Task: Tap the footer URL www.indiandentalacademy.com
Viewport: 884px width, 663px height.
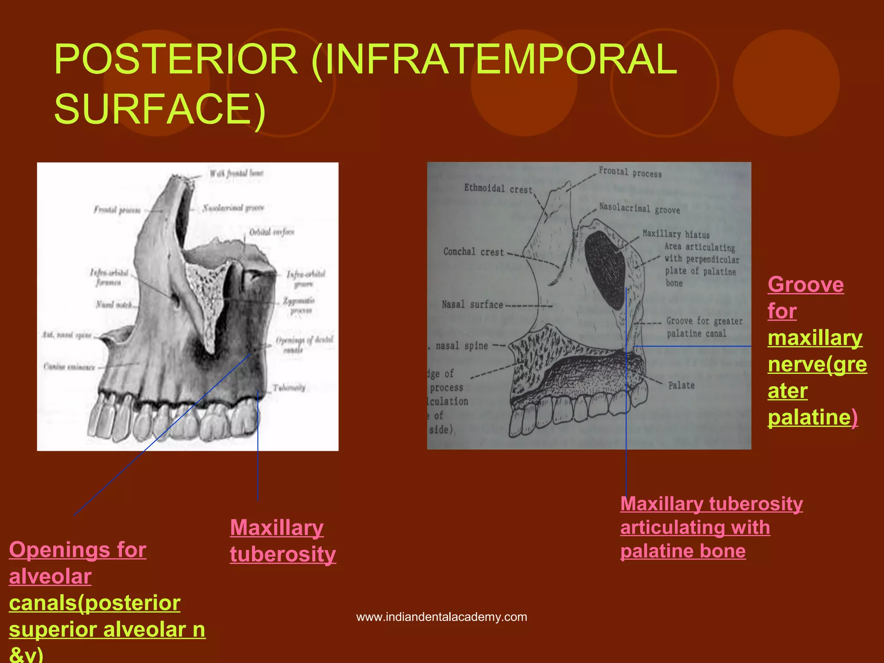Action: coord(442,617)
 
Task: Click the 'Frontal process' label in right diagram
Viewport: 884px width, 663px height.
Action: coord(630,172)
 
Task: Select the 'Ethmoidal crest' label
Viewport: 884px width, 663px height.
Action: coord(498,189)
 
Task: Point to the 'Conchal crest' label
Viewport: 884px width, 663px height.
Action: coord(474,252)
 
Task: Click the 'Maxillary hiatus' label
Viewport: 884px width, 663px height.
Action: coord(676,234)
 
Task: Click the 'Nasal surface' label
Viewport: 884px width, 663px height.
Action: coord(472,305)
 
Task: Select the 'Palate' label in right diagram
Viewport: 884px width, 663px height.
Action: coord(681,385)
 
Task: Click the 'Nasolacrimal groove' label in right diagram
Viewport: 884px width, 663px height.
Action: coord(639,208)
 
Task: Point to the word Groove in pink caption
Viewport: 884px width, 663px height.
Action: coord(805,285)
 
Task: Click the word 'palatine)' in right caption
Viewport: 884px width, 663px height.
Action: coord(812,417)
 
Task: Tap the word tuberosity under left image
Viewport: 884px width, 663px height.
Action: coord(283,554)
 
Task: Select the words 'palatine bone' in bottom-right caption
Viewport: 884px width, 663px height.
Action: coord(683,551)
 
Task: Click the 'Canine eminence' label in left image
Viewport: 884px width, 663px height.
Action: coord(69,367)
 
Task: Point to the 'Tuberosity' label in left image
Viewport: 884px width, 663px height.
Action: coord(289,388)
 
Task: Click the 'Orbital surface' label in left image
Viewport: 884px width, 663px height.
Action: coord(272,232)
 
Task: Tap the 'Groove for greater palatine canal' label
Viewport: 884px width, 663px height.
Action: coord(704,327)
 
